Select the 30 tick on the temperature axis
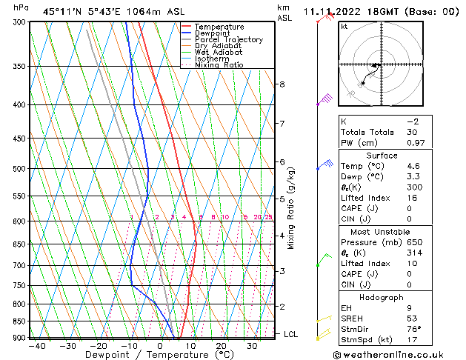[252, 345]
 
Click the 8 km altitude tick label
[282, 84]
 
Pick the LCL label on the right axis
[290, 334]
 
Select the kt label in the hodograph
[344, 27]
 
